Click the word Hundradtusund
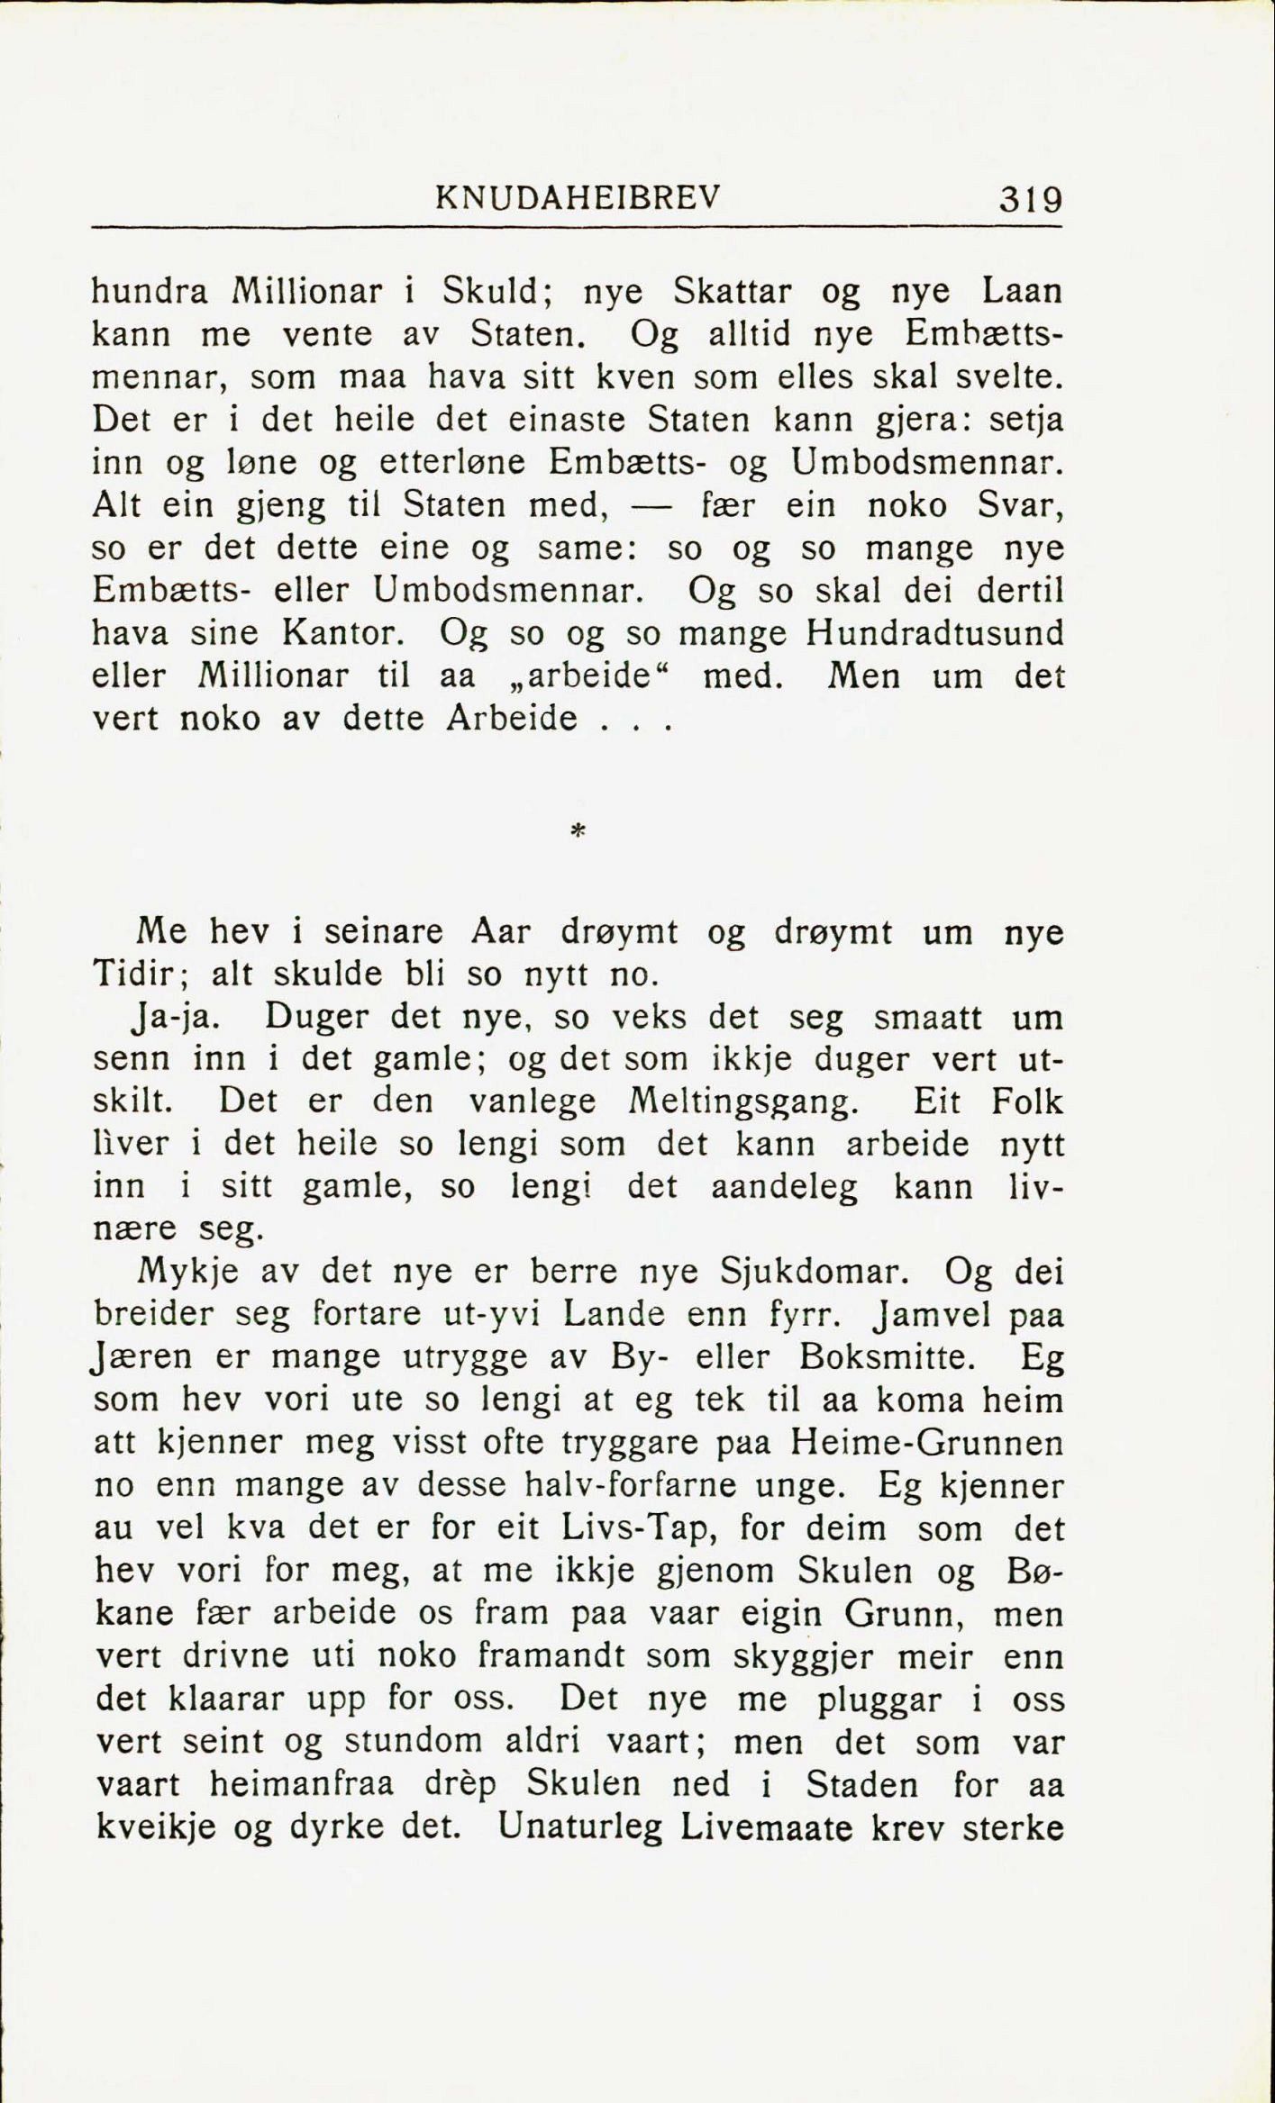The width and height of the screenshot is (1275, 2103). point(935,633)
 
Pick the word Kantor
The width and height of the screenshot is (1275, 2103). point(340,633)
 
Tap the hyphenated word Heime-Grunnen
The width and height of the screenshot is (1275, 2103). point(926,1443)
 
